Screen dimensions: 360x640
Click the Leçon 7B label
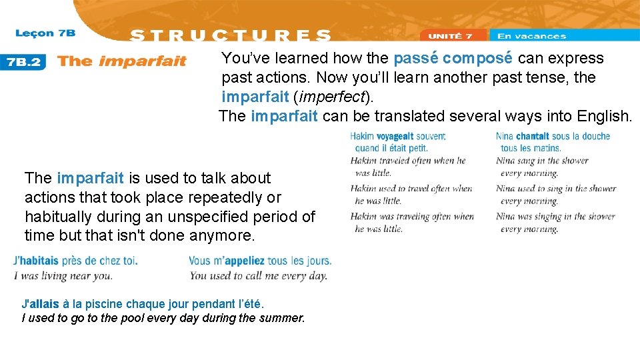(x=45, y=33)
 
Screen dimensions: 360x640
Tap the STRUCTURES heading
(x=230, y=36)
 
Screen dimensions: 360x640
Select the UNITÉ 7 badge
(x=450, y=36)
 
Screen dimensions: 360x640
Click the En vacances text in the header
(x=531, y=36)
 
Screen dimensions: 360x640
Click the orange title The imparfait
(x=121, y=61)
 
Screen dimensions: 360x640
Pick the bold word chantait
(x=532, y=136)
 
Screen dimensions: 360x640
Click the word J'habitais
(x=36, y=261)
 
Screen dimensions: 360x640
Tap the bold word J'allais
(x=41, y=304)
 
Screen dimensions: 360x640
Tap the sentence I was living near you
(x=63, y=275)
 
